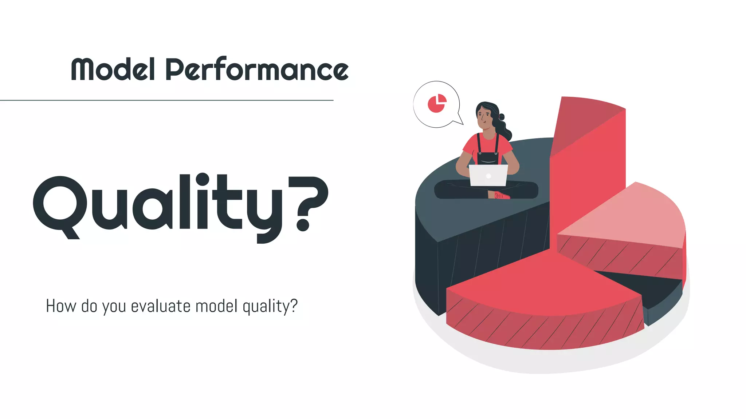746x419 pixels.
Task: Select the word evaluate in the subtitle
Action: tap(160, 306)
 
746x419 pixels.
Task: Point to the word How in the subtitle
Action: tap(60, 306)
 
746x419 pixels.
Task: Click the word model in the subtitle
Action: tap(216, 306)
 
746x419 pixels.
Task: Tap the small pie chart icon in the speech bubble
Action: tap(437, 104)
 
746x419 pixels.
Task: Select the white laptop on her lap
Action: tap(488, 175)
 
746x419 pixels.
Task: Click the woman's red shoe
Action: tap(502, 196)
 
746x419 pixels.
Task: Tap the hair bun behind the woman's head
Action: tap(502, 117)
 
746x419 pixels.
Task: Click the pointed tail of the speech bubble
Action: tap(460, 121)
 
